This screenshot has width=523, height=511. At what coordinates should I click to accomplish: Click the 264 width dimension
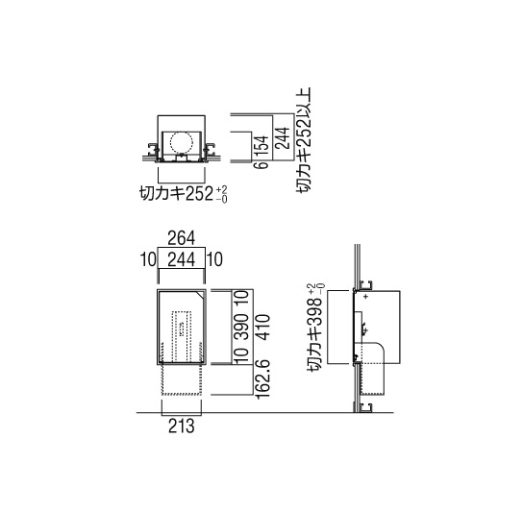pos(181,238)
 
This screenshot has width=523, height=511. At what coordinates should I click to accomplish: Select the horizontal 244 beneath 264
pos(181,259)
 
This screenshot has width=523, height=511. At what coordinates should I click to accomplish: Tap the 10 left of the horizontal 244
pos(148,259)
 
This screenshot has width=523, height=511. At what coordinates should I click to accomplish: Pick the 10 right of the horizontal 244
pos(214,259)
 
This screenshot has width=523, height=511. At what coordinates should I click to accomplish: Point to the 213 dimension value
pos(181,426)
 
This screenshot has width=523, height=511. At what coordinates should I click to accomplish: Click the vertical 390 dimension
pos(243,327)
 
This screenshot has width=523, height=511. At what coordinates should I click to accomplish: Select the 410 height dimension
pos(262,327)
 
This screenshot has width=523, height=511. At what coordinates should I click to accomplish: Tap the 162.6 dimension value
pos(262,379)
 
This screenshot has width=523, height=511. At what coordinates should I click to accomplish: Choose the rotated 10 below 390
pos(243,355)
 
